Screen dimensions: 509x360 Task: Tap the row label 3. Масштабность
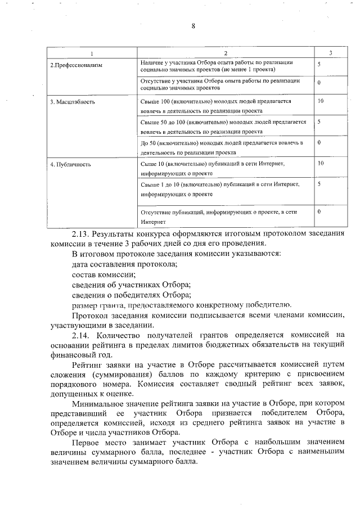(73, 102)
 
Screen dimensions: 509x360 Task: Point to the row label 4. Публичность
(70, 165)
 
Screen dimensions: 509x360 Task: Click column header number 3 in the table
(330, 52)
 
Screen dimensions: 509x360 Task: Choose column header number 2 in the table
(225, 52)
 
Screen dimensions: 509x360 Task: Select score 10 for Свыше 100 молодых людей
(321, 102)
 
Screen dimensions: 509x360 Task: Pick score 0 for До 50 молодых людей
(319, 143)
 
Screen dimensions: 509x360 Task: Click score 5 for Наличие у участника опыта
(319, 65)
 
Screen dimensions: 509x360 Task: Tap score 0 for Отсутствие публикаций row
(319, 211)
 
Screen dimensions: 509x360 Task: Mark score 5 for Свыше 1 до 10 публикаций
(319, 184)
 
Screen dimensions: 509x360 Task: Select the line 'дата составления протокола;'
(125, 264)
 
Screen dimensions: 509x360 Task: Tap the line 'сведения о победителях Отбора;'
(132, 295)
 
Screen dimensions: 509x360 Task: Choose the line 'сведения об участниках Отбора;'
(132, 285)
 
